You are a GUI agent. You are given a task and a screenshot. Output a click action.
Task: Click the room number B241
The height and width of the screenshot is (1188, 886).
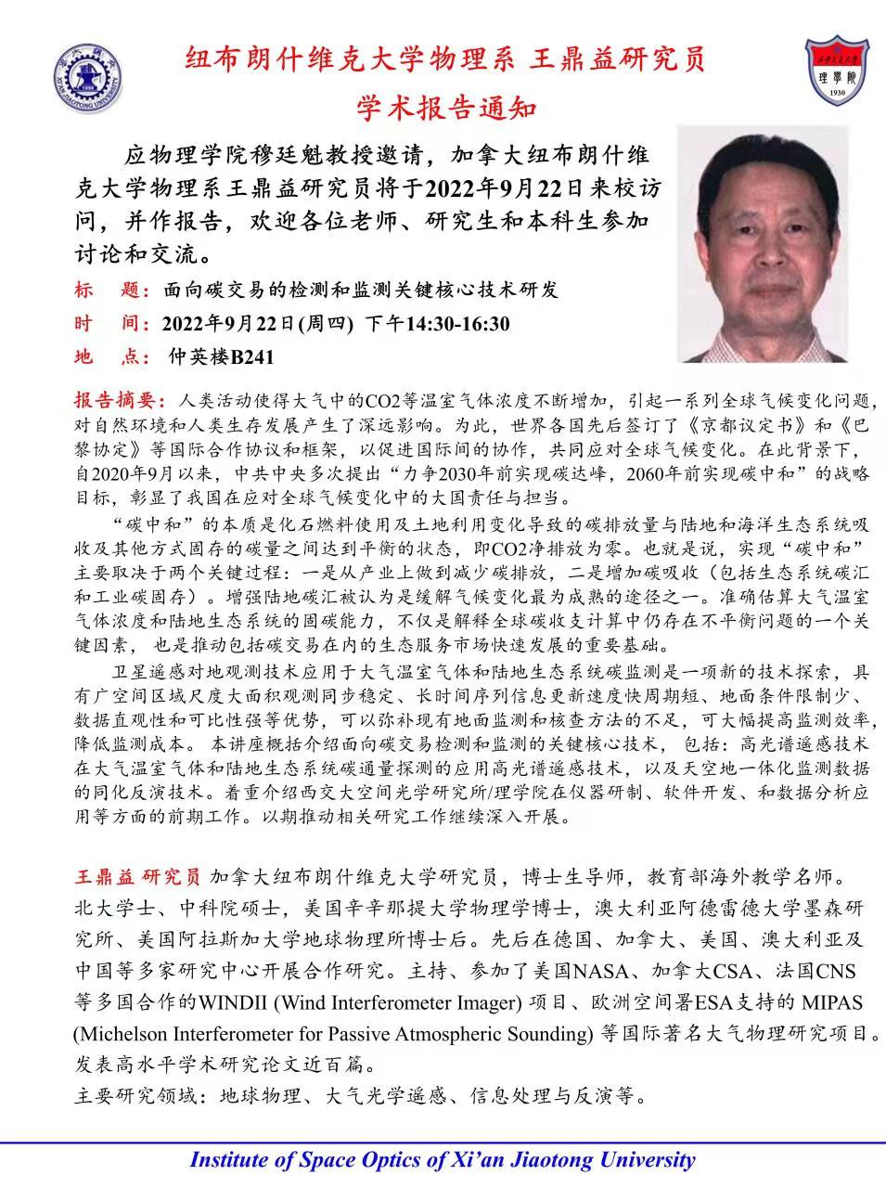252,357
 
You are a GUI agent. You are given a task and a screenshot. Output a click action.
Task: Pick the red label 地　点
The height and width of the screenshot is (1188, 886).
111,357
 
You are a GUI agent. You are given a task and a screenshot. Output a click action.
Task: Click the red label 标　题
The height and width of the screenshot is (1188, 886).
111,291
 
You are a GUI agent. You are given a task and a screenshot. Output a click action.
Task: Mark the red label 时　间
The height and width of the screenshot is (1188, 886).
111,324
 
